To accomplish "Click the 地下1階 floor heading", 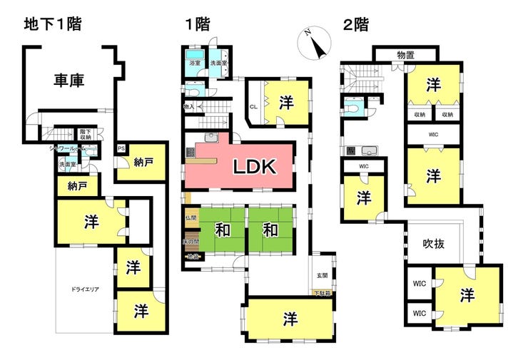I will [x=53, y=24].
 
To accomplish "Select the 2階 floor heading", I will [x=356, y=24].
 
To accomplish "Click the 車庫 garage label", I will [x=69, y=81].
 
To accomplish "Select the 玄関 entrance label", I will [x=323, y=275].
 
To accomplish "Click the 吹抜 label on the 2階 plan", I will [x=434, y=243].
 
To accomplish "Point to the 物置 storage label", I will [x=406, y=54].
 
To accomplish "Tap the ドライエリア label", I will [x=85, y=289].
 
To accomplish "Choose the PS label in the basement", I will [x=121, y=149].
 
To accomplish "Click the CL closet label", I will [x=253, y=108].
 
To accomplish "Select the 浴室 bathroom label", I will [x=195, y=63].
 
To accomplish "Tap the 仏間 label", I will [x=190, y=217].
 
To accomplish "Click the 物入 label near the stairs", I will [x=189, y=107].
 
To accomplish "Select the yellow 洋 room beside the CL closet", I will [x=287, y=102].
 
